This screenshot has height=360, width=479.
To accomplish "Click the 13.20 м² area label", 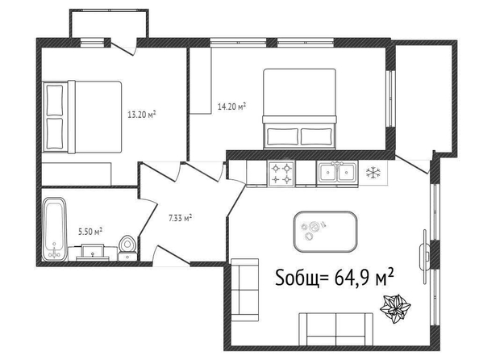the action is [x=142, y=115].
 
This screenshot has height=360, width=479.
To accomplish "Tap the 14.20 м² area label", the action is [x=231, y=107].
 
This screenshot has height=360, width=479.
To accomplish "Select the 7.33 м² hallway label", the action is [x=181, y=218].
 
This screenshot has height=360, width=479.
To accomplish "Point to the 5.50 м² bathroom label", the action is [x=90, y=231].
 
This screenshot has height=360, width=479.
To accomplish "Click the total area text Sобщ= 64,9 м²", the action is [x=334, y=277].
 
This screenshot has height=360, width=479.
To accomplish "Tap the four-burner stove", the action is [x=281, y=173].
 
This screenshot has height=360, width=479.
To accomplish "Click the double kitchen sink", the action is [x=337, y=173].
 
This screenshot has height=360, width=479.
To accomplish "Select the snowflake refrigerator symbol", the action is [x=373, y=173].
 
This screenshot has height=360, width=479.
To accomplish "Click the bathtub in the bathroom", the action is [x=54, y=228].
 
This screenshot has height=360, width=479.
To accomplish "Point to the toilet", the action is [x=127, y=248].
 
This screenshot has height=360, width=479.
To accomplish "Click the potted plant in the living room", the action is [x=395, y=308].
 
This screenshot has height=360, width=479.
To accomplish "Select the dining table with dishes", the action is [x=325, y=231].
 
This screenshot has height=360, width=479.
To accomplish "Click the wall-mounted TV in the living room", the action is [x=425, y=257].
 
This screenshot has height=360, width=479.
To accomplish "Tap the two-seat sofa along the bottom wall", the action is [x=335, y=329].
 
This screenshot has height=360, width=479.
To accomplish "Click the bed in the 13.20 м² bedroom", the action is [x=82, y=117].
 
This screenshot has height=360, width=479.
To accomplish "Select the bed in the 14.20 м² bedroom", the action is [x=299, y=109].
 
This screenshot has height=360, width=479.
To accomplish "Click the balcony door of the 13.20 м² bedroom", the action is [x=123, y=47].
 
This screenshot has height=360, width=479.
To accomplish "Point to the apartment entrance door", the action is [x=172, y=255].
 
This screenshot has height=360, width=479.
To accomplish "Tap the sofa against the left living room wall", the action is [x=245, y=290].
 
